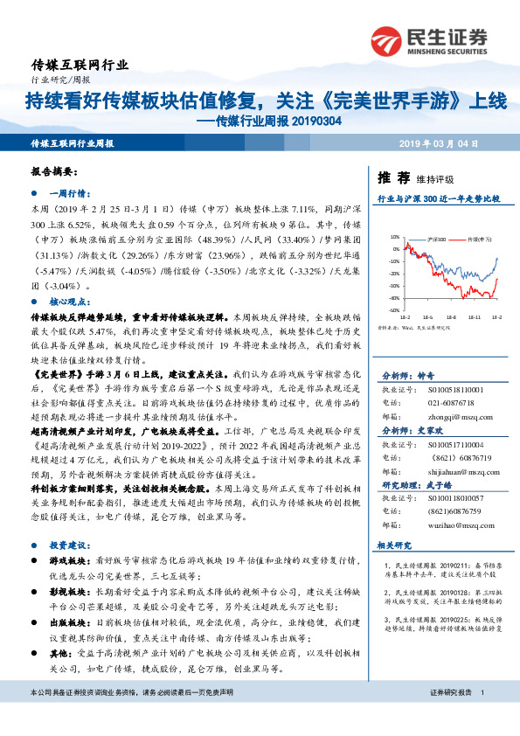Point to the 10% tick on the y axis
tap(395, 236)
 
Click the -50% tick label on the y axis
tap(394, 309)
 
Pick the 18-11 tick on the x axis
tap(472, 316)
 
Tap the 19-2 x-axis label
tap(496, 316)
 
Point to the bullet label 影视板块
tap(69, 591)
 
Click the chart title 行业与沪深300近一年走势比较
tap(438, 199)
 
